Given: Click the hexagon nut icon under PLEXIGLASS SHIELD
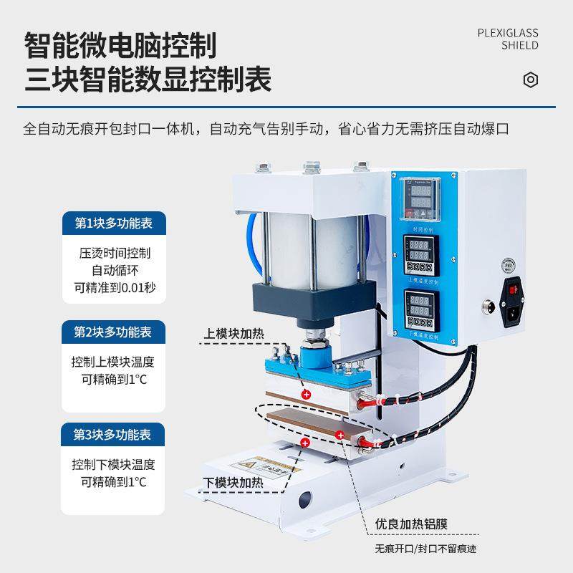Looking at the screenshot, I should [531, 80].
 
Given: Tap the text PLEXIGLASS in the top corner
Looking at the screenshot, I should [507, 32].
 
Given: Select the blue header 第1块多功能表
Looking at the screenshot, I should [114, 223].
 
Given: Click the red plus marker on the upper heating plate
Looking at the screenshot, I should [306, 395].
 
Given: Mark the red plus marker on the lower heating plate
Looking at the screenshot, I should [306, 444].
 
